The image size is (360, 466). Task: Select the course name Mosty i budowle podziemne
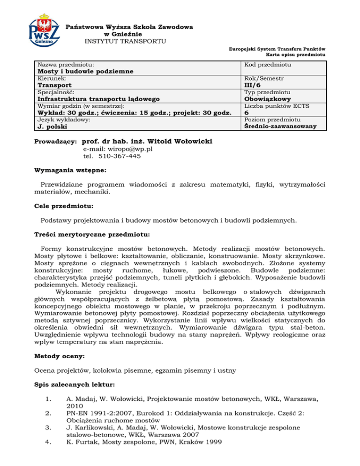(86, 71)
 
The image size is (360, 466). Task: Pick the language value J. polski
(52, 127)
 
